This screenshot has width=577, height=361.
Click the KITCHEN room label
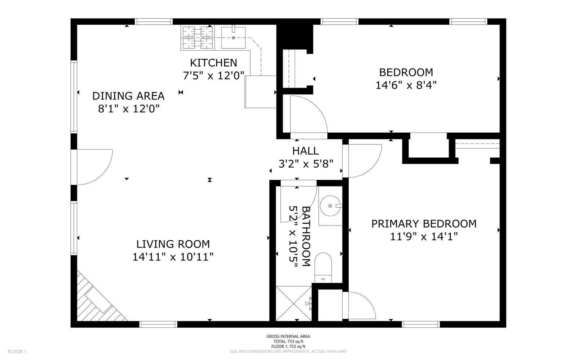coord(213,63)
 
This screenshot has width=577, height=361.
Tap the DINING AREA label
coord(128,96)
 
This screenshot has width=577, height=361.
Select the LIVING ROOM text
coord(173,244)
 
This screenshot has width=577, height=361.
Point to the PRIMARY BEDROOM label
coord(424,224)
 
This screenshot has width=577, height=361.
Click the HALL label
coord(305,151)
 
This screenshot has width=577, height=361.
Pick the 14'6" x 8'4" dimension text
coord(406,85)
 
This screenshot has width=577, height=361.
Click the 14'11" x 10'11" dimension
coord(173,257)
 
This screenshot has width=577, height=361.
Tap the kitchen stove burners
coord(198,38)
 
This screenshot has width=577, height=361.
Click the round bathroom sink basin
coord(330,206)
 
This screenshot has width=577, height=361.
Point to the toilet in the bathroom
coord(323,268)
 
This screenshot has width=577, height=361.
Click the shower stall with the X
coord(294,304)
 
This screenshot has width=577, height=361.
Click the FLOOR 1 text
coord(17,352)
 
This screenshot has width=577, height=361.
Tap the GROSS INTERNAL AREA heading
coord(288,336)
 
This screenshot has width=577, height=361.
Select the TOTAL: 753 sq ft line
coord(288,341)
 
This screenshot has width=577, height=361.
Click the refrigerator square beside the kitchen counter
coord(260,92)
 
